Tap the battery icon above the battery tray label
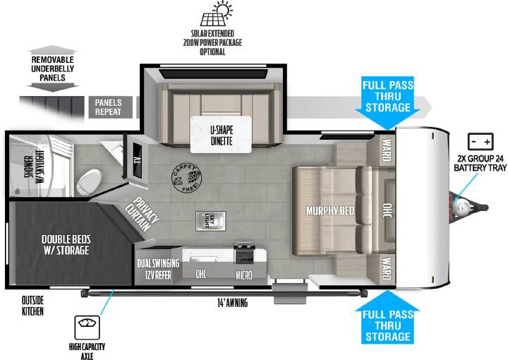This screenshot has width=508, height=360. pyautogui.click(x=480, y=142)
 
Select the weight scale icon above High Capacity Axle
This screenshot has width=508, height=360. pyautogui.click(x=87, y=328)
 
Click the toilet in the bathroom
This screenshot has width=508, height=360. pyautogui.click(x=90, y=182)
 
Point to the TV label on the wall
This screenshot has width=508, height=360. pyautogui.click(x=138, y=160)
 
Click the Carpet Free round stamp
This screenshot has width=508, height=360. pyautogui.click(x=186, y=178)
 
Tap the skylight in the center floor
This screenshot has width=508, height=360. pyautogui.click(x=210, y=221)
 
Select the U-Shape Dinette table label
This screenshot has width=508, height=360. pyautogui.click(x=222, y=135)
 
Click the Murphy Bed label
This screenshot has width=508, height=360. pyautogui.click(x=330, y=210)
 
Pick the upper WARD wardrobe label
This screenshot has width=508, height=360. pyautogui.click(x=386, y=150)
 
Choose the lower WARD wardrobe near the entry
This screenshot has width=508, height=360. pyautogui.click(x=386, y=269)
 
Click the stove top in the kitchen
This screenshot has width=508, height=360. pyautogui.click(x=244, y=253)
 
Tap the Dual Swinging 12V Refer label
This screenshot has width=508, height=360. pyautogui.click(x=158, y=269)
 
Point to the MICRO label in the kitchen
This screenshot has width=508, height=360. pyautogui.click(x=244, y=275)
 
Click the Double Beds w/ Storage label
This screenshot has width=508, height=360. pyautogui.click(x=66, y=245)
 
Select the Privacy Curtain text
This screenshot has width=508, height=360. pyautogui.click(x=143, y=214)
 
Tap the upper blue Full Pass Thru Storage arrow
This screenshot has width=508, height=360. pyautogui.click(x=388, y=103)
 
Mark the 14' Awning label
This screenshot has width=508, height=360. pyautogui.click(x=232, y=303)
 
